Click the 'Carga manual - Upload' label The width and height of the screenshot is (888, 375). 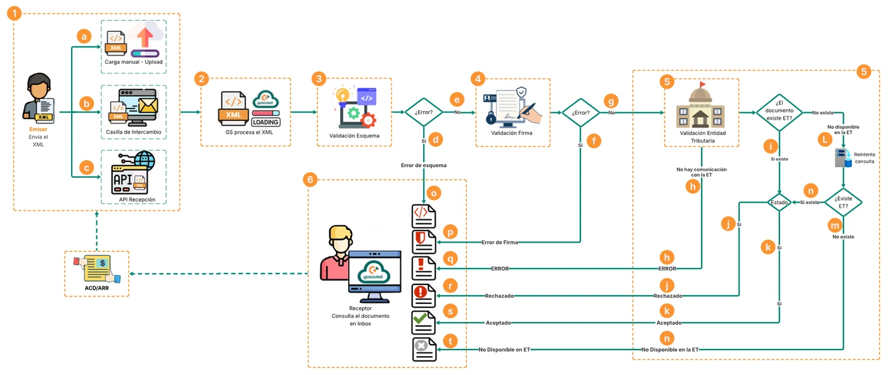134,62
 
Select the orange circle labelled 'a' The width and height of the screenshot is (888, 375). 84,37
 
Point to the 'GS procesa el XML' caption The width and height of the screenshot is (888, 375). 249,132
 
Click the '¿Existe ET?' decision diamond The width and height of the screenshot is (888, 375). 843,202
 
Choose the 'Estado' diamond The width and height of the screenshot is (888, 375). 779,202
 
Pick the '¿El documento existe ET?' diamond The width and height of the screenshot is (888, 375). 780,113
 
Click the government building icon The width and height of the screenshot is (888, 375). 700,105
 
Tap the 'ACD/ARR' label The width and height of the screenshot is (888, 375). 96,288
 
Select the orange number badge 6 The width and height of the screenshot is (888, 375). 310,180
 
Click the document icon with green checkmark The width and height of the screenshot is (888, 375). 424,322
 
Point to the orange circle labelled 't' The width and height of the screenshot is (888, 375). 450,341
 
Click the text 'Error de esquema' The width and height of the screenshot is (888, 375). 424,165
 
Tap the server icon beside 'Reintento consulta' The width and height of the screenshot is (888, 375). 843,158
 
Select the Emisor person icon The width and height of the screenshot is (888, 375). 39,98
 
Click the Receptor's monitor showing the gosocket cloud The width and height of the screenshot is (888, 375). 375,276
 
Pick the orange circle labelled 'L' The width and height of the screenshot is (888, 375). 825,139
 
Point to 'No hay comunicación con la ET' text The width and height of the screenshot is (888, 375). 702,172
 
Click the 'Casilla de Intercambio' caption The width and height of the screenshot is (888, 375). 134,132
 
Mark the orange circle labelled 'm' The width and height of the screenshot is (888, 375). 835,226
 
